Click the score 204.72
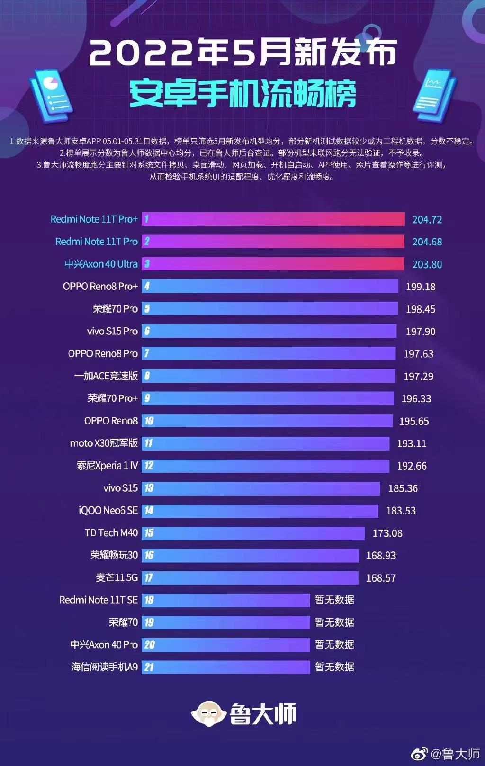click(427, 220)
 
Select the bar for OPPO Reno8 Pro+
click(270, 286)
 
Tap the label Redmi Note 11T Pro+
click(94, 219)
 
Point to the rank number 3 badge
click(147, 264)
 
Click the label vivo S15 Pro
click(112, 331)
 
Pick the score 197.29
click(418, 377)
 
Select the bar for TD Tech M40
click(253, 533)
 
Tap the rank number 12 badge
click(149, 466)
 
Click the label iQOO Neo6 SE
click(108, 510)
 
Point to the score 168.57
click(380, 578)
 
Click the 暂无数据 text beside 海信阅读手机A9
click(334, 667)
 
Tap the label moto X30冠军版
click(104, 443)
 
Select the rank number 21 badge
click(149, 667)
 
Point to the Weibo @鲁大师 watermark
click(446, 753)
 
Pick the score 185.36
click(403, 488)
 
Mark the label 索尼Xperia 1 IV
click(107, 466)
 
